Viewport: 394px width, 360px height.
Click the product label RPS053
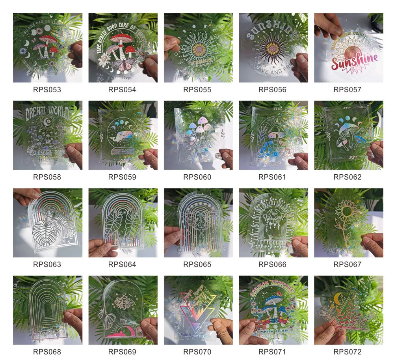47,90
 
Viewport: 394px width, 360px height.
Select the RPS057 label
348,90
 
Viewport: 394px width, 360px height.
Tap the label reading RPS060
197,177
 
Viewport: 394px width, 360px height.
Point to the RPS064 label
122,265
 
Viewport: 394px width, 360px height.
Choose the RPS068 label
47,352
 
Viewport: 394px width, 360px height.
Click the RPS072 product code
348,352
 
